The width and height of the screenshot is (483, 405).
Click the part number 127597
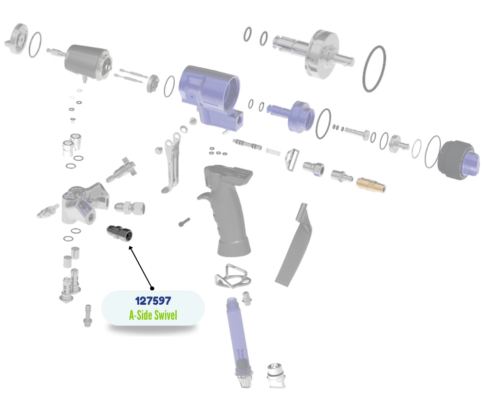tap(153, 301)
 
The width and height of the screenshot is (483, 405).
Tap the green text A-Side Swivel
tap(153, 315)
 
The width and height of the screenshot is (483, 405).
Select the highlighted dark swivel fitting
tap(120, 233)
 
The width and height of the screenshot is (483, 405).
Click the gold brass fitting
tap(371, 185)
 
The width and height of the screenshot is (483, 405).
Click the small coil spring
tap(273, 152)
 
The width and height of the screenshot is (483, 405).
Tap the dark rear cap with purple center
tap(459, 160)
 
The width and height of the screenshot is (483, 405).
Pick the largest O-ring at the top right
tap(374, 69)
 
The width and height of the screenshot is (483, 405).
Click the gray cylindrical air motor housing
tap(88, 62)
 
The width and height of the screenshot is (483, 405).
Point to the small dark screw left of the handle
tap(184, 222)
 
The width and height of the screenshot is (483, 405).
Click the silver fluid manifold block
tap(83, 204)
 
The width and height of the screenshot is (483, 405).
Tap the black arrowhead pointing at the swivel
tap(131, 248)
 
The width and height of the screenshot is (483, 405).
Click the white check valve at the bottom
tap(276, 375)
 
